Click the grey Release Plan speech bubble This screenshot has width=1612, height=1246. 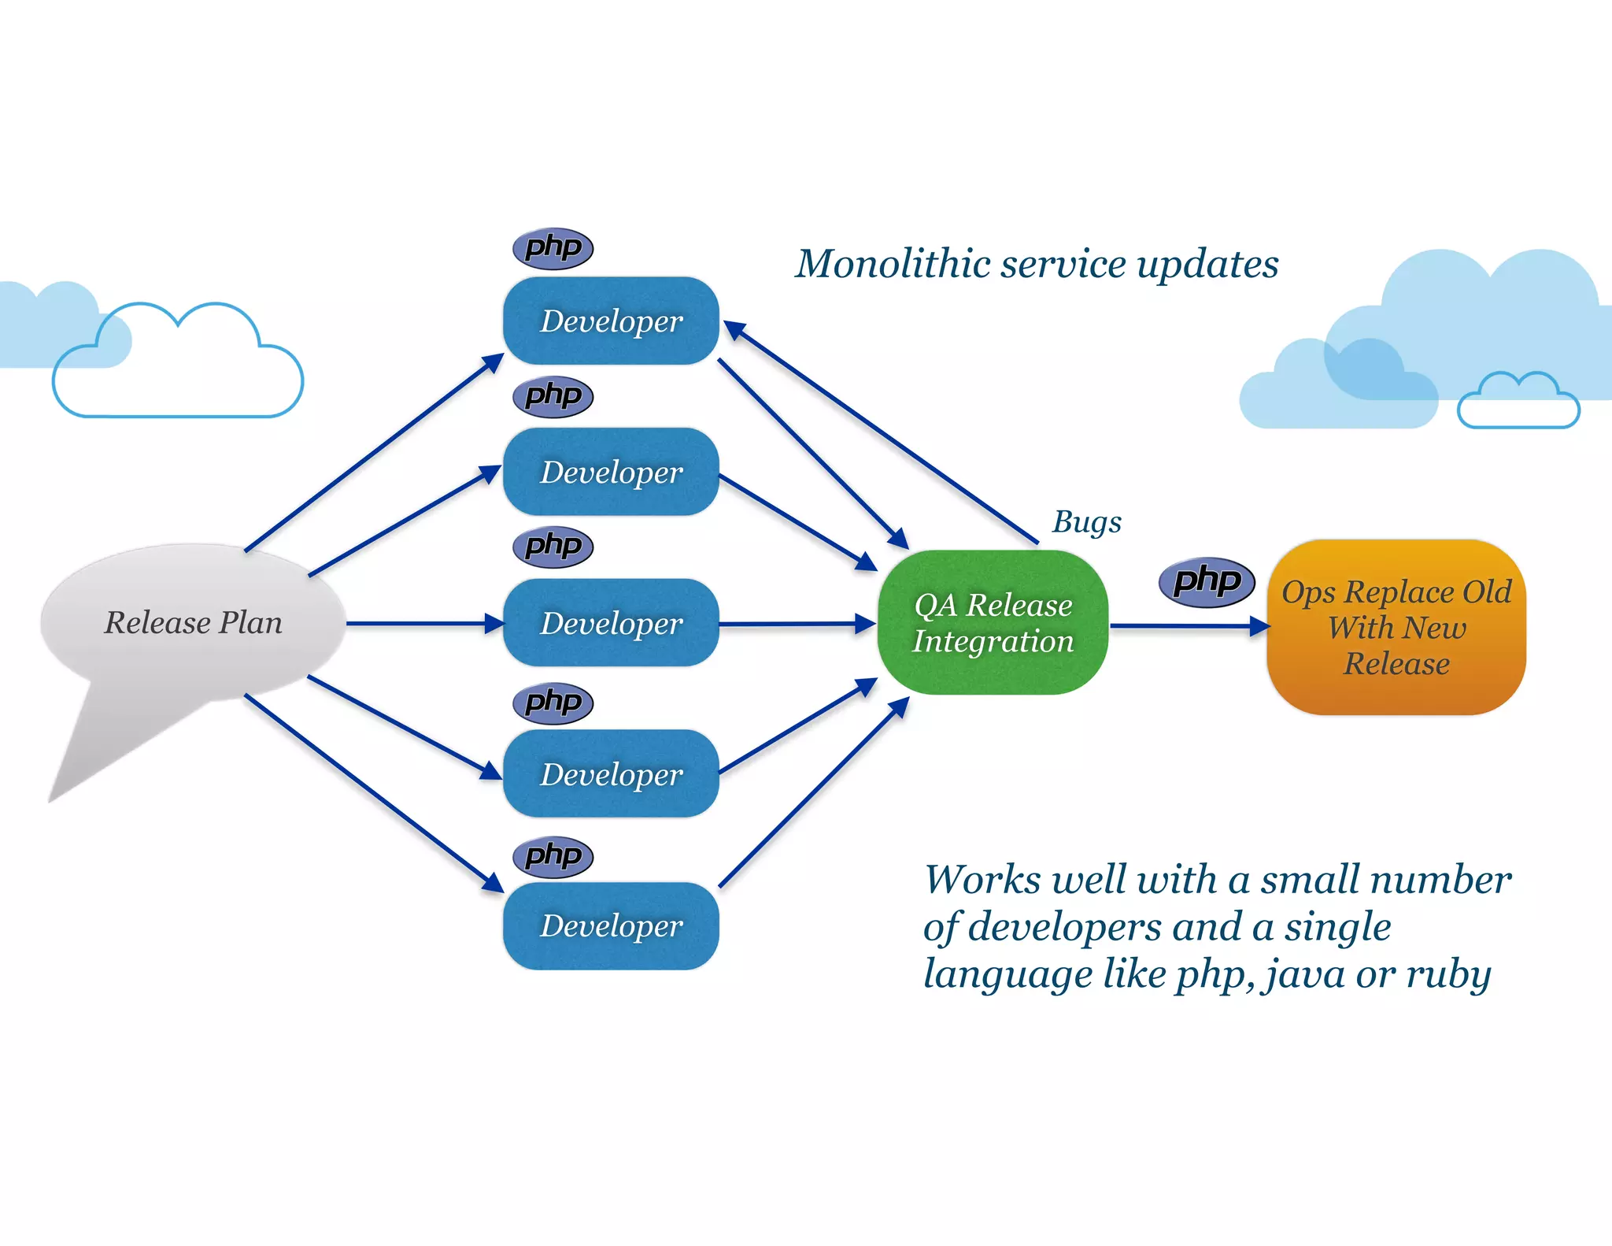point(193,622)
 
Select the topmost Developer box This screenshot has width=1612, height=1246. point(611,321)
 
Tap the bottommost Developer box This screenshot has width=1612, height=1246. point(611,925)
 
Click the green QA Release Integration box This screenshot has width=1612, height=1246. point(993,622)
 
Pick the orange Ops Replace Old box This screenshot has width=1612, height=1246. point(1396,627)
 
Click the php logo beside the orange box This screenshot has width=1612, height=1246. point(1207,582)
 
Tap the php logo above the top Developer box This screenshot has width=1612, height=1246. point(553,248)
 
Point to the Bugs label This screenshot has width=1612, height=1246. point(1086,521)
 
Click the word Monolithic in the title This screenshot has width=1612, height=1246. point(893,264)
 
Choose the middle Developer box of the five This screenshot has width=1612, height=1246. point(611,623)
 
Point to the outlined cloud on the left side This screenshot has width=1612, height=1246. point(178,370)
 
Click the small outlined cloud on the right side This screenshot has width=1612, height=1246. point(1518,403)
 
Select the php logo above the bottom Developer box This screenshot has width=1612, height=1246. point(553,856)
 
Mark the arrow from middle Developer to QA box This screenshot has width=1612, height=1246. point(795,624)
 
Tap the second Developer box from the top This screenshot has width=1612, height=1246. point(611,472)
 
